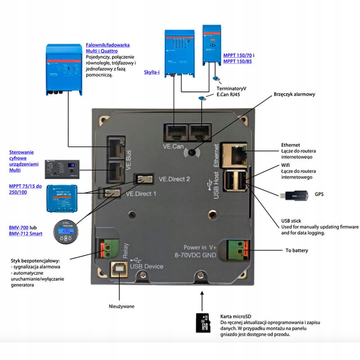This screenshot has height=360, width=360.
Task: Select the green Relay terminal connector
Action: (110, 247)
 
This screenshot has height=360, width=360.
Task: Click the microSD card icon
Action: (203, 322)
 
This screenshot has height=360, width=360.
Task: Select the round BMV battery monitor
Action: (65, 232)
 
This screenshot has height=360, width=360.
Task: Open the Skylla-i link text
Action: (152, 72)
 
